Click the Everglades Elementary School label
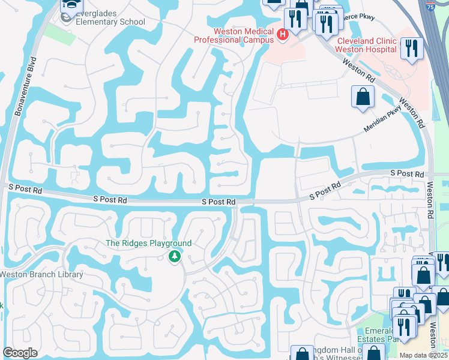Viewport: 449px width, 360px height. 110,22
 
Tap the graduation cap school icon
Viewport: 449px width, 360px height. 71,6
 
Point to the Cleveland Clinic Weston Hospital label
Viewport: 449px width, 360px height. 366,45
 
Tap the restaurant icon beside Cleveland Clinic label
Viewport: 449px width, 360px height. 411,49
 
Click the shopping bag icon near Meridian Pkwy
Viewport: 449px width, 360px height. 363,97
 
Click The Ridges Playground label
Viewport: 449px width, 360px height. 148,243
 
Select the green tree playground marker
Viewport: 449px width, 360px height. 175,257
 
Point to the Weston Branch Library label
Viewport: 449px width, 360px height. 41,274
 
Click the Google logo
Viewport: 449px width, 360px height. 20,353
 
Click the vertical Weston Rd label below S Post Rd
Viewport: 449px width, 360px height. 430,201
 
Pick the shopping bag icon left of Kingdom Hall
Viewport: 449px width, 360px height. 302,354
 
